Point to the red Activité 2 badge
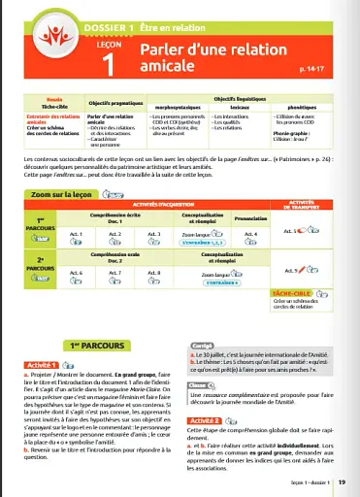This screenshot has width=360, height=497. (213, 420)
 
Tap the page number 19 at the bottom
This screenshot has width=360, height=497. (343, 482)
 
